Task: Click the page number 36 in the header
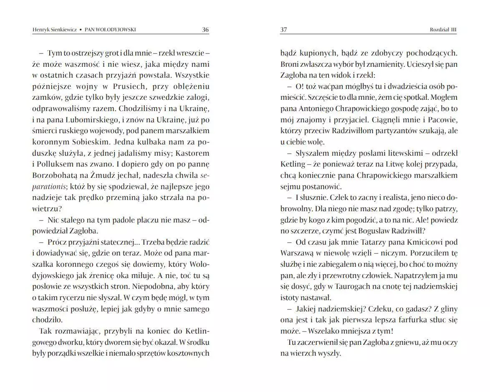[x=205, y=30]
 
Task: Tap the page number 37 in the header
[x=284, y=30]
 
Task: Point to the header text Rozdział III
[x=443, y=30]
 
